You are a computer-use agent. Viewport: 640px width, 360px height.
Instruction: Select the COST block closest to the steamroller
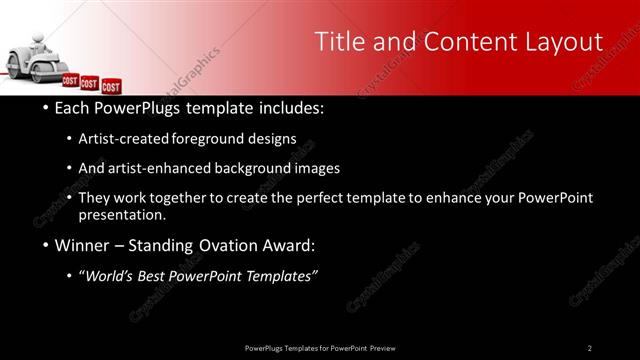pos(71,80)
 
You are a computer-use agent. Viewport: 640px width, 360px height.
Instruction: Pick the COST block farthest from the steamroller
pos(110,87)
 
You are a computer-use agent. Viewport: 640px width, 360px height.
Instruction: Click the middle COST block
pos(90,83)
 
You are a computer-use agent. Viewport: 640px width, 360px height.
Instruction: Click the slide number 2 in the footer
pos(590,348)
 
